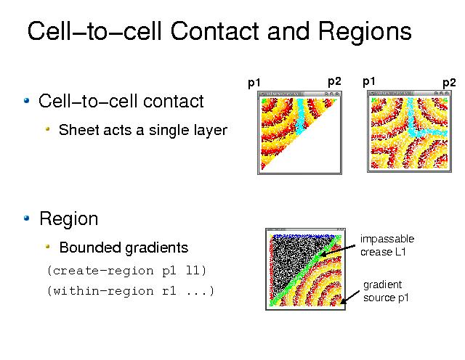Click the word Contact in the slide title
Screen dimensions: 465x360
215,30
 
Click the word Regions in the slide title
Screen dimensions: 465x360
365,32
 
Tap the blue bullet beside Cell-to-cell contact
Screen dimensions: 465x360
27,100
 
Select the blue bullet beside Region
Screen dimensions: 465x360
27,218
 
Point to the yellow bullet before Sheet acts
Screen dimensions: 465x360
47,129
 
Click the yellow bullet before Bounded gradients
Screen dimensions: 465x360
47,247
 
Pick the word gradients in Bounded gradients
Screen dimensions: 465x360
156,248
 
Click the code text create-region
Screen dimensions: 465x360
103,271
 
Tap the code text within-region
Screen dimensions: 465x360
103,291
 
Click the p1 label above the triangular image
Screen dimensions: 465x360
254,83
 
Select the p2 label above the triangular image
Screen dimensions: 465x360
334,81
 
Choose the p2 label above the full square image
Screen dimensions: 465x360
449,83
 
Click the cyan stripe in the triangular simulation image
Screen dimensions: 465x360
300,117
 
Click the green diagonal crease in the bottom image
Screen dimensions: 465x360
305,271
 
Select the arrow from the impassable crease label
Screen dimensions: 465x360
338,250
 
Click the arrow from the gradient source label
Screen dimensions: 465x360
350,297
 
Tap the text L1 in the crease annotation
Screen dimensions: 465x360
400,252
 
